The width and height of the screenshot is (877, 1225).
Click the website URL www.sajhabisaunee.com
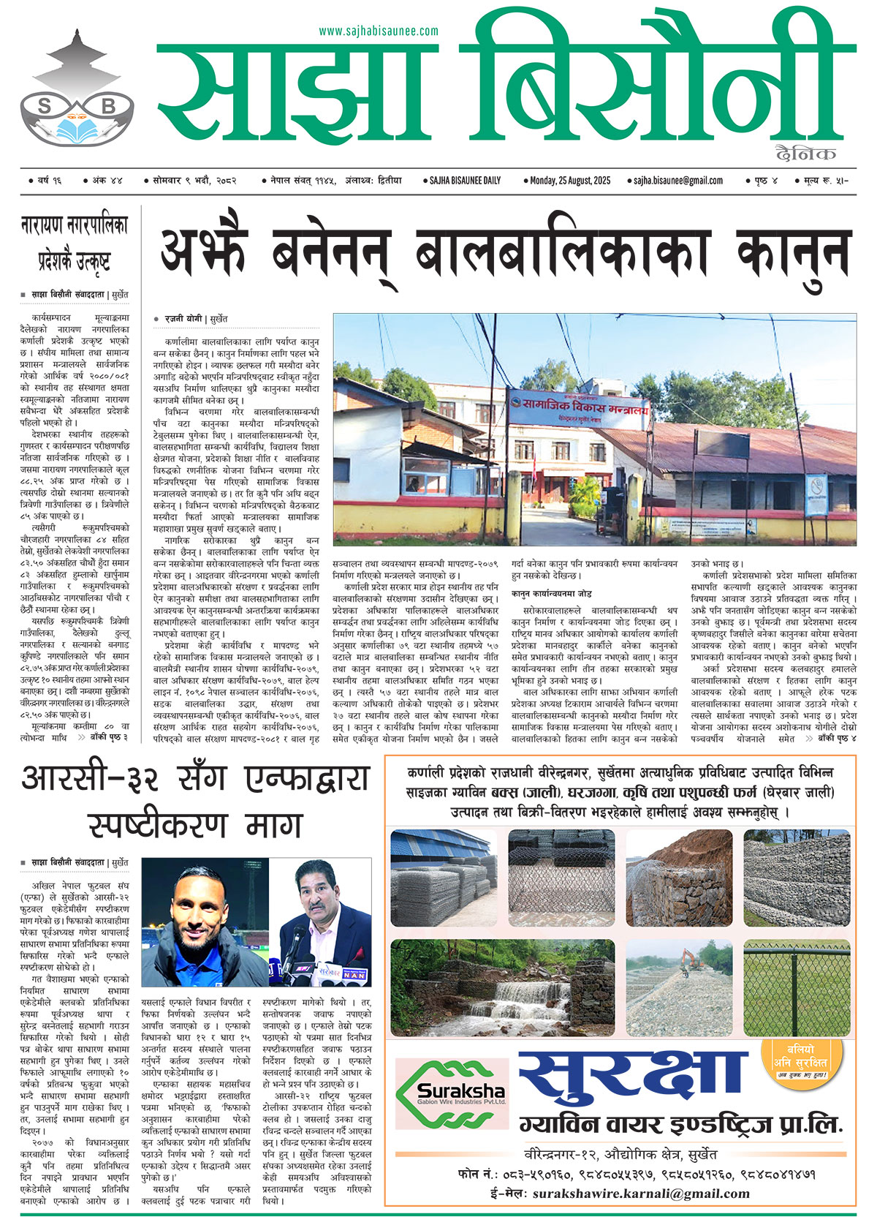[379, 31]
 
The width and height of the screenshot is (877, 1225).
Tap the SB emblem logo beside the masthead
[77, 91]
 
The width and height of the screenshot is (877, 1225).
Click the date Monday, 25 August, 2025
[570, 180]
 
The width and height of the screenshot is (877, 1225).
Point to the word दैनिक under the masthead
[806, 153]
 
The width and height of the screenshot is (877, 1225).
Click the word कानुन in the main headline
[794, 252]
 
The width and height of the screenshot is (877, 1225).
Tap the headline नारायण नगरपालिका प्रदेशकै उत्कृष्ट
[74, 242]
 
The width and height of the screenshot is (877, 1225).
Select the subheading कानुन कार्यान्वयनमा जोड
[551, 592]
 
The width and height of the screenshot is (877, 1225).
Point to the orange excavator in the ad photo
[691, 958]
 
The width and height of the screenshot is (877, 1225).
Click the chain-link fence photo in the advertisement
[797, 987]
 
